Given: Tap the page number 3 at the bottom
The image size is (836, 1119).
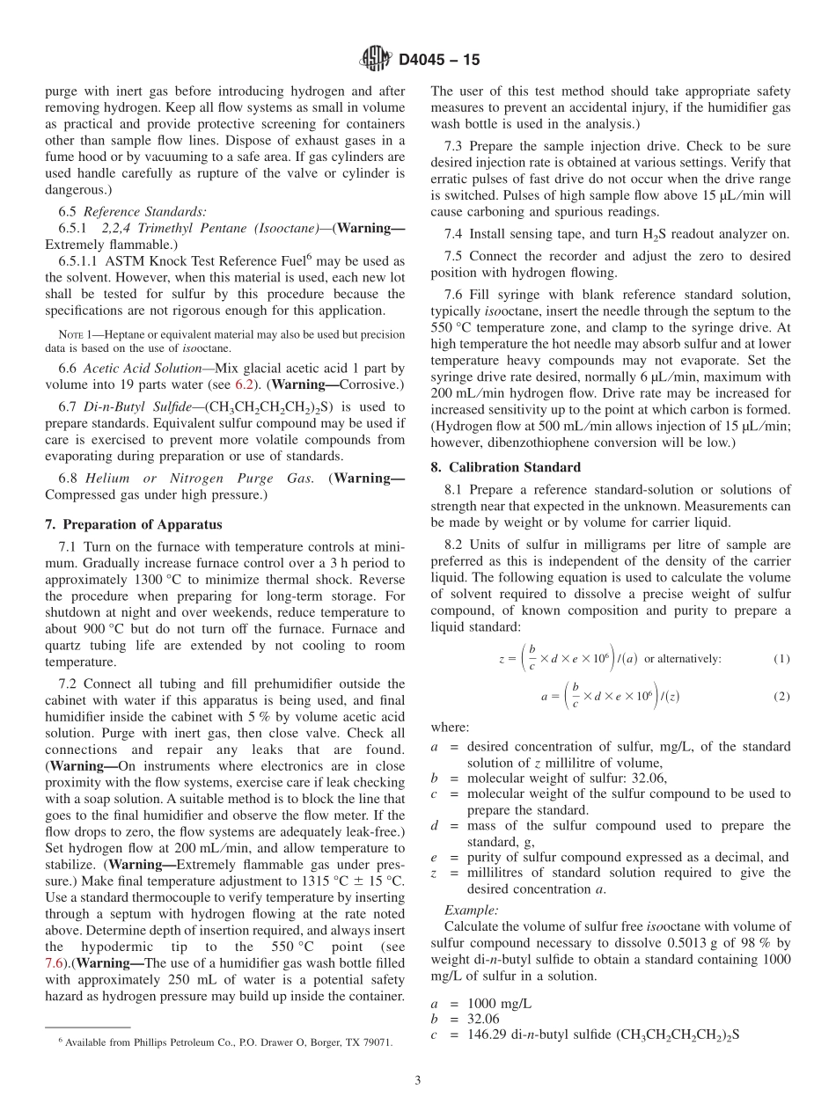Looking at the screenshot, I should tap(418, 1080).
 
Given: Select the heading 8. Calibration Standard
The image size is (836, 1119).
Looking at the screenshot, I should tap(506, 467).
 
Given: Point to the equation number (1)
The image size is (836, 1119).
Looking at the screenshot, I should tap(781, 659).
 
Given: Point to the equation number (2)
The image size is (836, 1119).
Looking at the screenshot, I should tap(781, 696).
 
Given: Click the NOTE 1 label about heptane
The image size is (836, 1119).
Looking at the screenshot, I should tap(72, 334).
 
